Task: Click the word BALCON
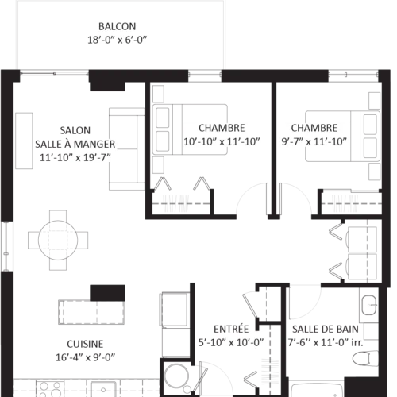pos(118,25)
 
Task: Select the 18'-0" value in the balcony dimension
pos(98,39)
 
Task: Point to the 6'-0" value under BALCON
pos(142,39)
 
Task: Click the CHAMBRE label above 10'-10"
pos(222,128)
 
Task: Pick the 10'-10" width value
pos(199,142)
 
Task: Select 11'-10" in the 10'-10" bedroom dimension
pos(243,142)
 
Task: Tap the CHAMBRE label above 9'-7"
pos(314,128)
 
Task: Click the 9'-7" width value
pos(293,142)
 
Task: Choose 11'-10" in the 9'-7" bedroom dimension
pos(332,142)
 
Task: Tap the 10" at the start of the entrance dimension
pos(217,343)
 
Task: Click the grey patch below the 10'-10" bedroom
pos(175,202)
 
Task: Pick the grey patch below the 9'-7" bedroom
pos(344,203)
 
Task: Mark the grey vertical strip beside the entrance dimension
pos(270,370)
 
